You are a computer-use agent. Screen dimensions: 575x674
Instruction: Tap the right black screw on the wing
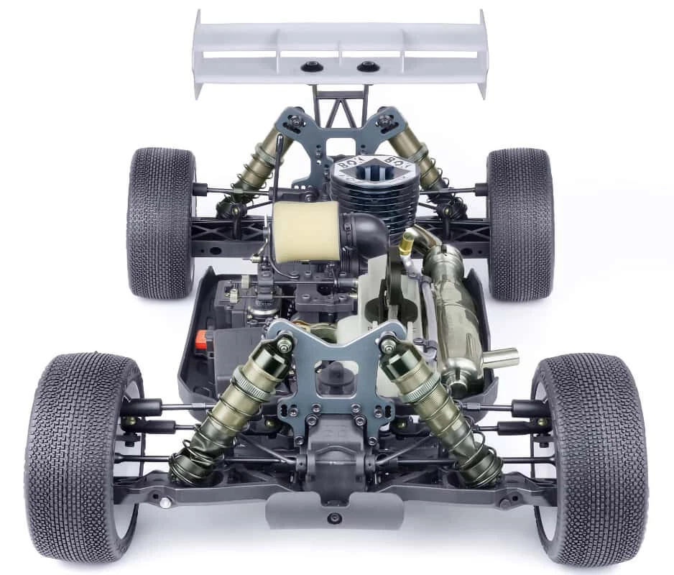368,67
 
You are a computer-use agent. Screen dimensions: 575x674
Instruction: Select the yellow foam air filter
305,231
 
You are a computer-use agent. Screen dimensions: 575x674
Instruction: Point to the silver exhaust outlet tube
500,356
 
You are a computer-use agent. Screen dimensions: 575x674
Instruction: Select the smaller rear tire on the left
161,222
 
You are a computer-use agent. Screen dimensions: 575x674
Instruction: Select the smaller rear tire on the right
520,222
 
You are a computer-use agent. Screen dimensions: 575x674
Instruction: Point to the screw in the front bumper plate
332,517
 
